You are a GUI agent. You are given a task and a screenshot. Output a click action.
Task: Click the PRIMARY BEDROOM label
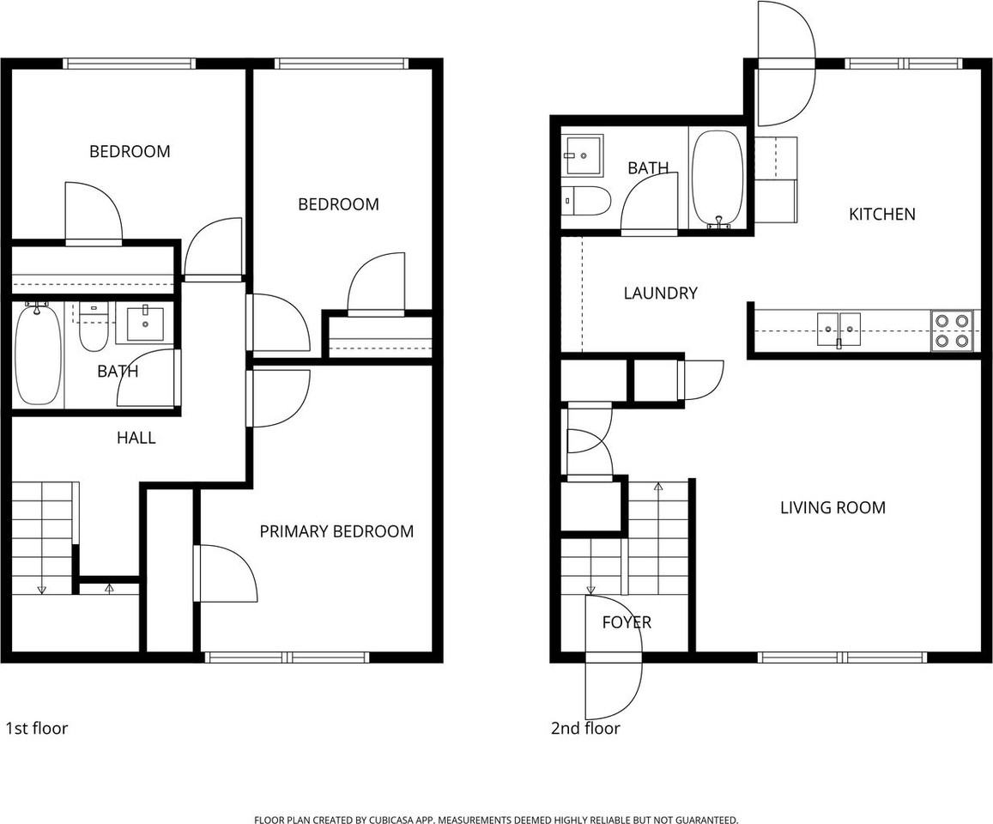(x=336, y=531)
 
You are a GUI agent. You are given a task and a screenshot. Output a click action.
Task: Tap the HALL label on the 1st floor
(x=136, y=438)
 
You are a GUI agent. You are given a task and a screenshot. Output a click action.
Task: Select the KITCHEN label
(x=881, y=214)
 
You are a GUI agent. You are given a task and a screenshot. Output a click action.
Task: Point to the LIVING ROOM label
(x=832, y=507)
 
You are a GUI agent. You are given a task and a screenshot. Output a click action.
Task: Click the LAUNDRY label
(x=659, y=293)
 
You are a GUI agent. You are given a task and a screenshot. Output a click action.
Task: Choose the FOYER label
(x=626, y=622)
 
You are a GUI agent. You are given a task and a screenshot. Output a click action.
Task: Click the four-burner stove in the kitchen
(x=954, y=330)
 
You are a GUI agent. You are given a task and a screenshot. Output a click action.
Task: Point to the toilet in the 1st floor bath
(x=94, y=330)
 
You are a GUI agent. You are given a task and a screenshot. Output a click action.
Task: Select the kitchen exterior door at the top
(x=785, y=64)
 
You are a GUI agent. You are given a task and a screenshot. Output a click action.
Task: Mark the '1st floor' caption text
(x=36, y=729)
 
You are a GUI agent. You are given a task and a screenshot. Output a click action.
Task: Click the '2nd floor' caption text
(x=584, y=729)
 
